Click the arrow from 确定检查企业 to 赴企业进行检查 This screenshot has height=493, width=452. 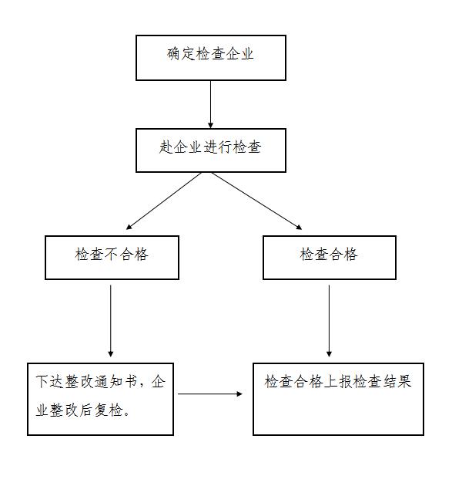[211, 104]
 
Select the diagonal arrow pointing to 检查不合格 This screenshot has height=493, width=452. [163, 201]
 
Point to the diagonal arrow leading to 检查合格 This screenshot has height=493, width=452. [256, 201]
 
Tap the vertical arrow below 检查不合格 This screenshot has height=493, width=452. [110, 321]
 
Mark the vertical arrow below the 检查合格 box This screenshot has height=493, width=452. [329, 321]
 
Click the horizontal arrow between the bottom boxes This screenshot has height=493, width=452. [210, 393]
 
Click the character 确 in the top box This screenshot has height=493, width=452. [174, 53]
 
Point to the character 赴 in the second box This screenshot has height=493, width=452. [166, 147]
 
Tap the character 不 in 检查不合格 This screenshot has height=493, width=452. [112, 254]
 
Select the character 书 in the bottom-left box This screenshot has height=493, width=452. [131, 381]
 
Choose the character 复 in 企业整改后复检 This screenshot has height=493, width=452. [101, 410]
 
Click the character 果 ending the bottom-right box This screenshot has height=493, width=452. [404, 381]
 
